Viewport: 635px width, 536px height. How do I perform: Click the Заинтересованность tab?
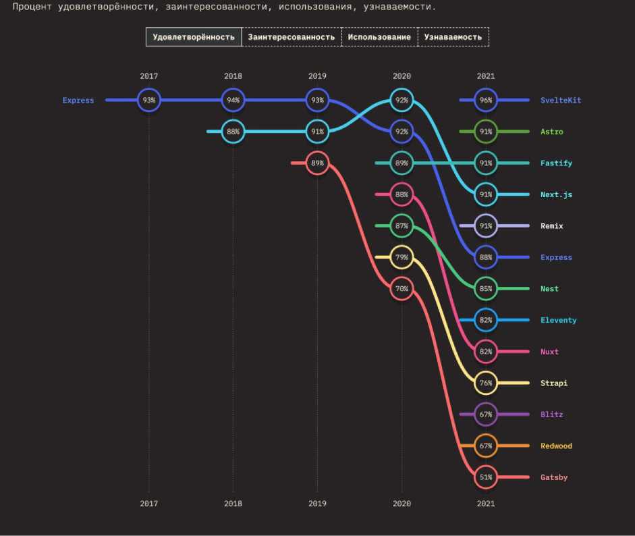pyautogui.click(x=292, y=36)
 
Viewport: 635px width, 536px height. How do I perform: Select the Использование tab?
pyautogui.click(x=379, y=36)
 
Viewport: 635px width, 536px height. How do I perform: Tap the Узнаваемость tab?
pyautogui.click(x=453, y=36)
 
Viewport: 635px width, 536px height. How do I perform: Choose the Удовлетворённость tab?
pyautogui.click(x=194, y=36)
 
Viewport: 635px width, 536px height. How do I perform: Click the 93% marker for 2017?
pyautogui.click(x=148, y=100)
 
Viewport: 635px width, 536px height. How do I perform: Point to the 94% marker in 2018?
pyautogui.click(x=233, y=100)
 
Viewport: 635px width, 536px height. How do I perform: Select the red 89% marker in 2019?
pyautogui.click(x=316, y=163)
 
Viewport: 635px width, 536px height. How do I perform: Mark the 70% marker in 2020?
pyautogui.click(x=402, y=288)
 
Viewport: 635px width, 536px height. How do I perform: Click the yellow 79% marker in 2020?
pyautogui.click(x=402, y=257)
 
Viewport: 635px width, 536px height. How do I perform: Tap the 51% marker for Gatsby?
pyautogui.click(x=486, y=477)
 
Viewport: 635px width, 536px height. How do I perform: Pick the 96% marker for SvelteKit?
pyautogui.click(x=486, y=100)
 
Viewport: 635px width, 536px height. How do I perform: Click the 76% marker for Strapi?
pyautogui.click(x=486, y=383)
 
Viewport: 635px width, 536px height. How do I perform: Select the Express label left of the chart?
pyautogui.click(x=78, y=100)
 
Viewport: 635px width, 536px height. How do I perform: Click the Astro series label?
pyautogui.click(x=551, y=132)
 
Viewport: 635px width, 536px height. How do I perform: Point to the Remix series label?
pyautogui.click(x=551, y=226)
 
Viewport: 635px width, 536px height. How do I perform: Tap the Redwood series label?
pyautogui.click(x=556, y=446)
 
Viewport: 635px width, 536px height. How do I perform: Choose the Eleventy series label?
pyautogui.click(x=558, y=320)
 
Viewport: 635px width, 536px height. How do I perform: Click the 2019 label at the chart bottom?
pyautogui.click(x=316, y=503)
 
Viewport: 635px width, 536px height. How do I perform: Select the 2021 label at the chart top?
pyautogui.click(x=485, y=76)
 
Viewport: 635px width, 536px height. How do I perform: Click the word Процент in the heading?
pyautogui.click(x=33, y=7)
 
